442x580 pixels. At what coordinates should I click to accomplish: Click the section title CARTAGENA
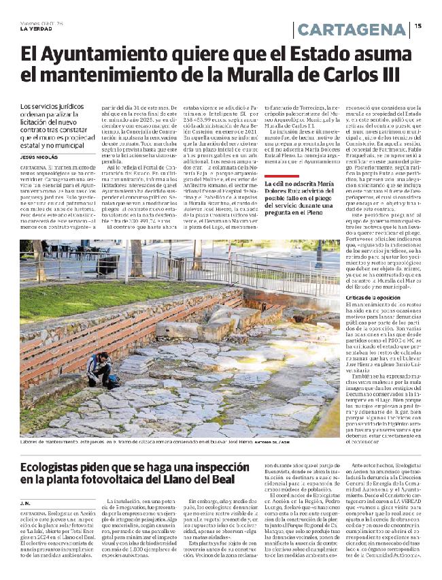click(352, 30)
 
